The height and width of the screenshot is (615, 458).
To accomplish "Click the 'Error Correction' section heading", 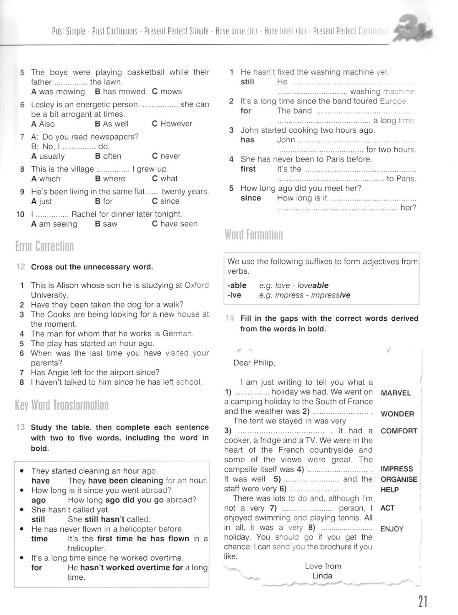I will click(x=44, y=246).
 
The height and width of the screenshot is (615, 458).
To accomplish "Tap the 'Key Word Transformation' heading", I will click(x=62, y=405).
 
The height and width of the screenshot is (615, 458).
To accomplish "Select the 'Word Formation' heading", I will click(x=254, y=235).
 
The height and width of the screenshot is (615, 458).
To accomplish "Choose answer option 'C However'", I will click(x=172, y=124).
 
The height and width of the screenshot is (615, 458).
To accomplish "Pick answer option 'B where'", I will click(x=110, y=178).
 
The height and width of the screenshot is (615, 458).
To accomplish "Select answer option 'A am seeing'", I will click(x=54, y=224).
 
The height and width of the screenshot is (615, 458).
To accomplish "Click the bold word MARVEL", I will click(x=396, y=393).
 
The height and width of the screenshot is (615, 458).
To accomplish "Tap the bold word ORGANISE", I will click(x=399, y=480).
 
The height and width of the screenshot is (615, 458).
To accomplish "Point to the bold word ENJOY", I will click(x=392, y=529).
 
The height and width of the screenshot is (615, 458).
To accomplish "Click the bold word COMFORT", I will click(x=399, y=431).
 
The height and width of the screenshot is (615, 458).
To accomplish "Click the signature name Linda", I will click(x=322, y=576).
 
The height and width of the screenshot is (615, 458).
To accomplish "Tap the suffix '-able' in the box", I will click(x=237, y=285).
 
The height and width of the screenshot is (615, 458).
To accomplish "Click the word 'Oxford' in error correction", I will click(x=196, y=285).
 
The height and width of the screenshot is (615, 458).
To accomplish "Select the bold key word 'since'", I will click(x=251, y=198).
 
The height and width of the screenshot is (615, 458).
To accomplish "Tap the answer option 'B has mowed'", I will click(x=120, y=92).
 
